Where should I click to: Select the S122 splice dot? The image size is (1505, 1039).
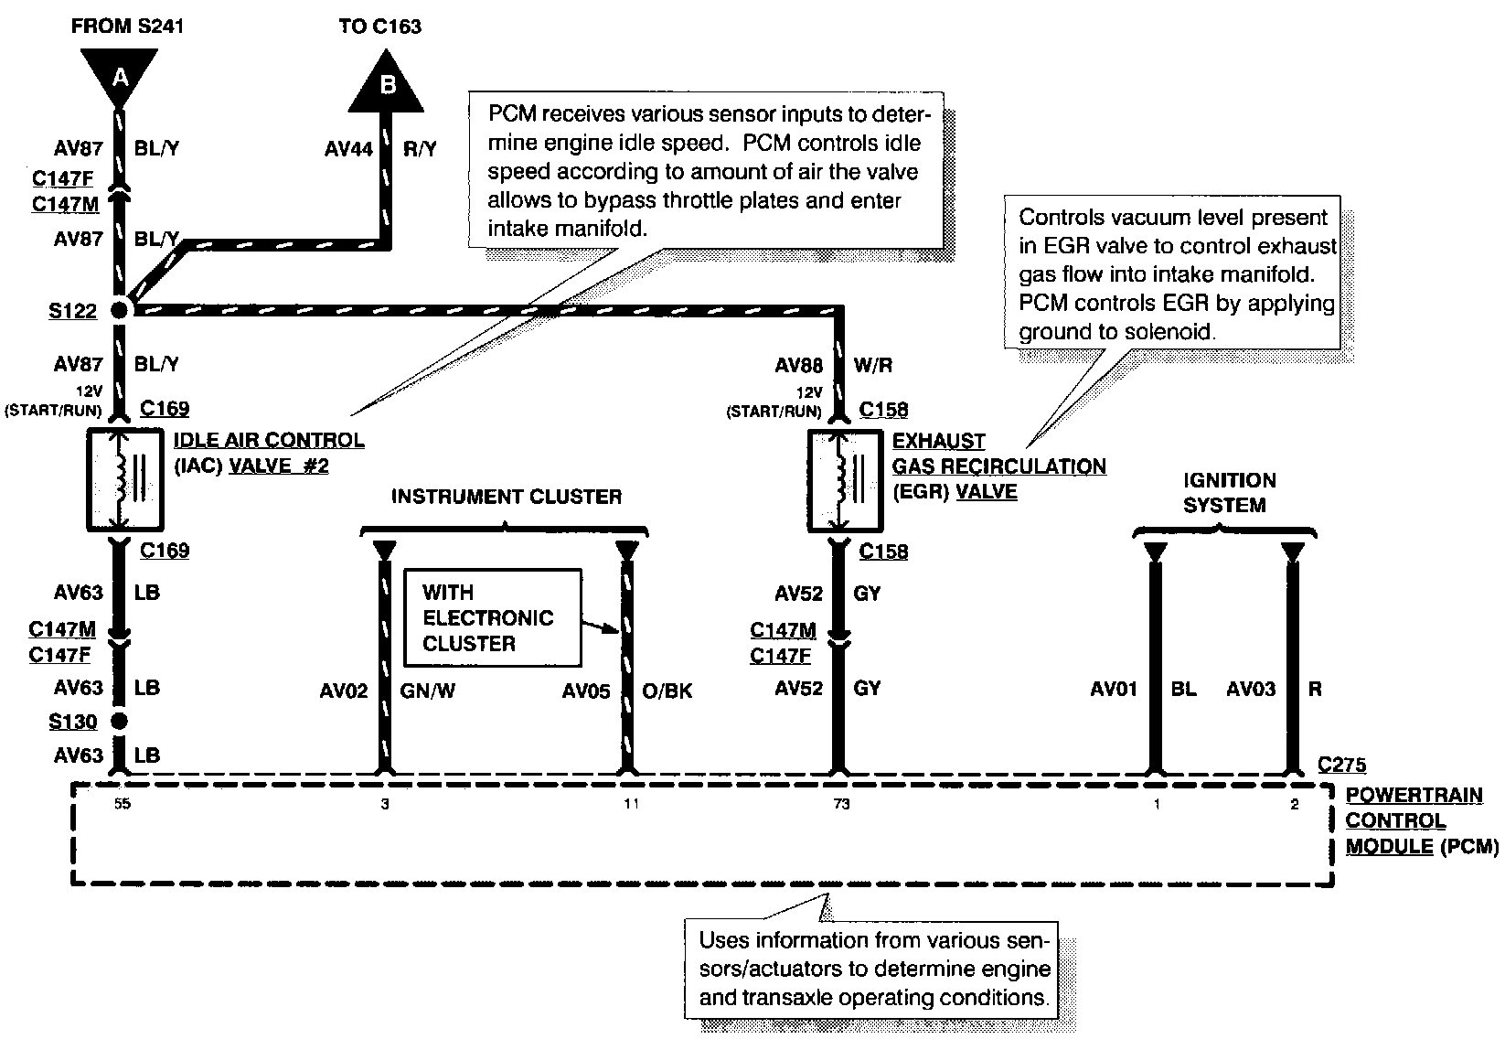click(x=119, y=310)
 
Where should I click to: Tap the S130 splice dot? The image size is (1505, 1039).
click(x=119, y=721)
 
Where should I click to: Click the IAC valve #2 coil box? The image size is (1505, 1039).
click(x=125, y=479)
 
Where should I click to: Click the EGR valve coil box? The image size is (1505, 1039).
click(x=845, y=480)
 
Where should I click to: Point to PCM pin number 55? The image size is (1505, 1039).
click(x=123, y=803)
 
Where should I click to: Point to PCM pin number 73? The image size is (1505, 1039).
click(x=841, y=804)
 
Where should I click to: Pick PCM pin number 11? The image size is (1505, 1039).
click(x=631, y=804)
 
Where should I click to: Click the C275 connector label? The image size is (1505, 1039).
click(x=1341, y=765)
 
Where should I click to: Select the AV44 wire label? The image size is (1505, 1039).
click(x=348, y=148)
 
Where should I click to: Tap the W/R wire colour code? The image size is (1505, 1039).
click(x=873, y=365)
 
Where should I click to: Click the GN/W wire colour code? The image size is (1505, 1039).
click(x=427, y=691)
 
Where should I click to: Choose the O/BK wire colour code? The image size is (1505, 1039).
click(x=667, y=691)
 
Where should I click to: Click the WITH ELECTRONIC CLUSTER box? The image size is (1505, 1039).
click(x=493, y=617)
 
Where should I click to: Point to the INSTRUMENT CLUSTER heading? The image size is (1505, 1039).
click(x=507, y=497)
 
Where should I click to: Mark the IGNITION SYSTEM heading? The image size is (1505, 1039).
click(x=1229, y=493)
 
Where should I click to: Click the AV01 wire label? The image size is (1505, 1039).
click(x=1114, y=689)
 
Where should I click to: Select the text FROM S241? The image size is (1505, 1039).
click(x=127, y=27)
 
